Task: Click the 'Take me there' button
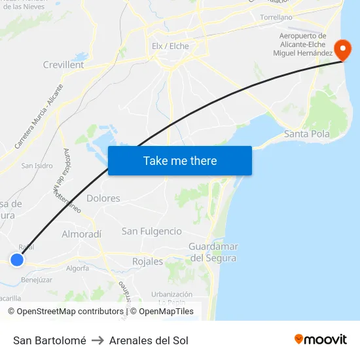pyautogui.click(x=180, y=160)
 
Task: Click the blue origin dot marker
pyautogui.click(x=17, y=260)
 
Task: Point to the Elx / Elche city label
pyautogui.click(x=170, y=46)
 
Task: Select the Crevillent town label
pyautogui.click(x=63, y=65)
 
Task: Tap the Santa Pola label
pyautogui.click(x=307, y=134)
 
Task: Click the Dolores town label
pyautogui.click(x=103, y=198)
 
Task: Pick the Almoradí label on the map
pyautogui.click(x=82, y=234)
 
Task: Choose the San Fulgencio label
pyautogui.click(x=152, y=231)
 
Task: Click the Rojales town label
pyautogui.click(x=147, y=261)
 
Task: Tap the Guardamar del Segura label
pyautogui.click(x=213, y=252)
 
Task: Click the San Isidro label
pyautogui.click(x=37, y=166)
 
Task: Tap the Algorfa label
pyautogui.click(x=77, y=268)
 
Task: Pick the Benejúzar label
pyautogui.click(x=37, y=279)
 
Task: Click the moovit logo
pyautogui.click(x=320, y=339)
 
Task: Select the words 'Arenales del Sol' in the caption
pyautogui.click(x=149, y=340)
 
